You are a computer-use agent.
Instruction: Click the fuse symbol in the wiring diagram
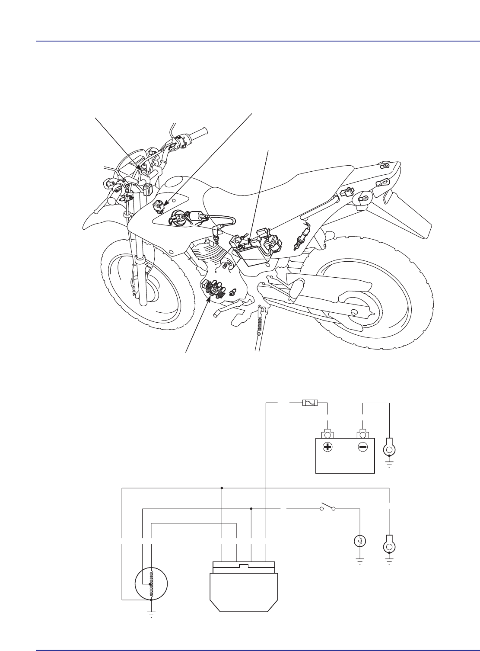click(x=309, y=403)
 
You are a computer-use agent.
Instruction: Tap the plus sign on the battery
click(x=328, y=447)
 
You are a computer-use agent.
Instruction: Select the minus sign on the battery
click(x=362, y=447)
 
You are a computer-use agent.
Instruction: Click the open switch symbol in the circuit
click(x=327, y=508)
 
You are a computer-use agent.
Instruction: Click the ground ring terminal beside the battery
click(x=389, y=449)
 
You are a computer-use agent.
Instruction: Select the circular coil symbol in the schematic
click(x=151, y=584)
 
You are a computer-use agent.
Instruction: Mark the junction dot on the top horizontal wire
click(x=222, y=488)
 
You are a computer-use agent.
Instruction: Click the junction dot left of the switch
click(x=251, y=508)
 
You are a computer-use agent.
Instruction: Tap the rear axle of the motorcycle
click(x=354, y=312)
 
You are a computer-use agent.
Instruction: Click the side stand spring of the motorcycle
click(x=260, y=324)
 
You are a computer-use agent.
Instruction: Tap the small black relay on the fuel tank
click(x=159, y=207)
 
